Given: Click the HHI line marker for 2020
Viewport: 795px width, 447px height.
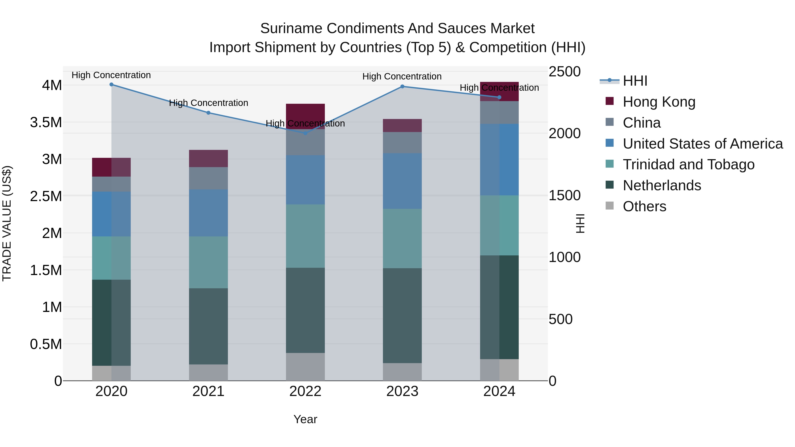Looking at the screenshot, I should [112, 85].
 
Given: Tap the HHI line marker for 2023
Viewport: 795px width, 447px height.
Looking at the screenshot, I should [402, 87].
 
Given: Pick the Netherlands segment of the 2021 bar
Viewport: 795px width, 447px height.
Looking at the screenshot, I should [208, 326].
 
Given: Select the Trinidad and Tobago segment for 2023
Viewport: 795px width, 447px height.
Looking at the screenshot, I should [402, 238].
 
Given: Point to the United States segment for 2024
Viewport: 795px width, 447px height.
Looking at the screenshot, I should [499, 160].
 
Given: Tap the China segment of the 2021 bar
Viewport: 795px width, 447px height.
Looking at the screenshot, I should [208, 178].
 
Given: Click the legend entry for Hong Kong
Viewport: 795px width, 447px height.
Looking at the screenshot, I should [659, 102].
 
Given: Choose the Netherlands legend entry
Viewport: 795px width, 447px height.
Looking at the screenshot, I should [662, 185].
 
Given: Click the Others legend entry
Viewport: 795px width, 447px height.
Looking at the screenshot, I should [644, 206].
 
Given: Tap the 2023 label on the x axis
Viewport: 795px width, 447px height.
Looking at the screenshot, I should [402, 391].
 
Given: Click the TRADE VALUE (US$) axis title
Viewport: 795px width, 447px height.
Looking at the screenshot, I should [7, 223].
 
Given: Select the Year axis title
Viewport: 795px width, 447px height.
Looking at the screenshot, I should [305, 419].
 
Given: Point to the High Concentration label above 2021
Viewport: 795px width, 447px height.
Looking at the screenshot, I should [208, 103].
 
